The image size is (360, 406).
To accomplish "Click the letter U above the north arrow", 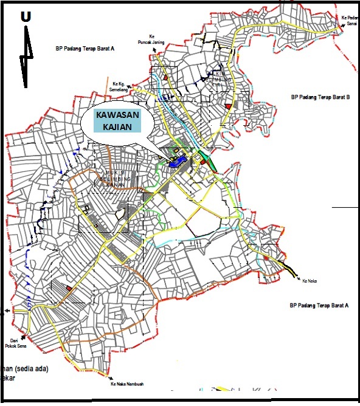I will tap(26, 16).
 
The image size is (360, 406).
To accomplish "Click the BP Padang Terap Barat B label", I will tap(319, 97).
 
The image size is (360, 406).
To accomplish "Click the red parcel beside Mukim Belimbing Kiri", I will tap(228, 106).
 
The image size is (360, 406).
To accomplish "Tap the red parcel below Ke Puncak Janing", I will tap(166, 78).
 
